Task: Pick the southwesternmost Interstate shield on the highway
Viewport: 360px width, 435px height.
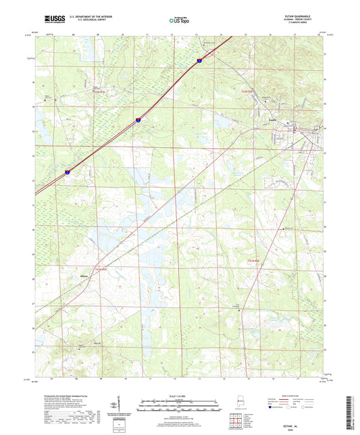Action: (x=68, y=172)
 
